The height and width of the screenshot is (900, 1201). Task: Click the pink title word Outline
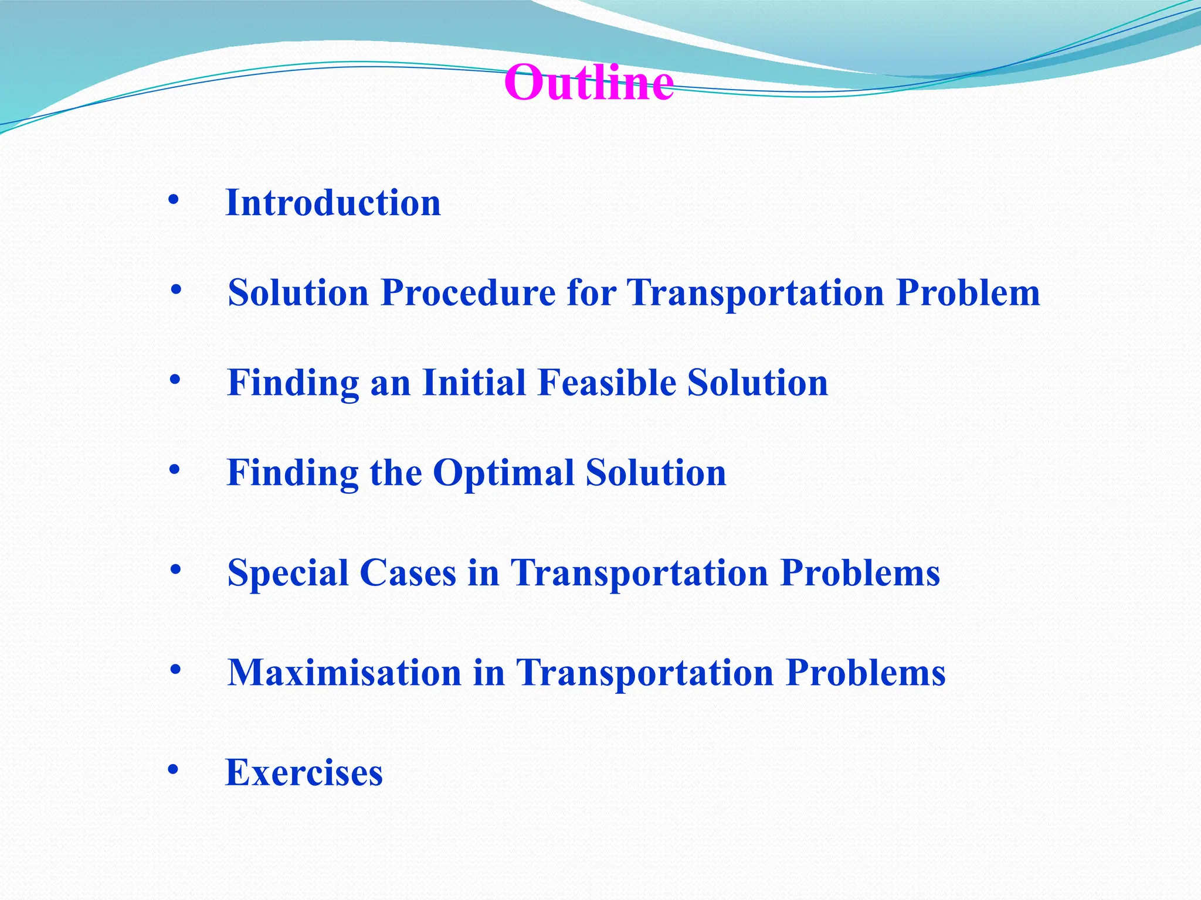[589, 83]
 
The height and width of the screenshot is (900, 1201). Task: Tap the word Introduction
[333, 203]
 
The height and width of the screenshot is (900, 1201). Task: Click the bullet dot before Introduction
[173, 200]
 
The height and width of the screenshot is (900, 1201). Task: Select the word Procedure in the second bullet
[468, 292]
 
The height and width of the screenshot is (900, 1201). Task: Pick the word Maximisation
[344, 673]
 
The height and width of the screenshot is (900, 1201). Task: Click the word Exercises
[304, 772]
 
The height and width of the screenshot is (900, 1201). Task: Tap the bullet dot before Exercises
[172, 769]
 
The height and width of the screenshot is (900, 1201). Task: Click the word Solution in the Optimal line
[656, 472]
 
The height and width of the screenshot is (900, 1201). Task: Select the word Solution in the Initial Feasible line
[757, 383]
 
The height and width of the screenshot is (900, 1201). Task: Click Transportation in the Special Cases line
[639, 573]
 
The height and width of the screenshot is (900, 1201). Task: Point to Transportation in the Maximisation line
[644, 673]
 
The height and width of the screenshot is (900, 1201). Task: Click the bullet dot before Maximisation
[175, 669]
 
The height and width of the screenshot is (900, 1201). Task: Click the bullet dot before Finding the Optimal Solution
[174, 470]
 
